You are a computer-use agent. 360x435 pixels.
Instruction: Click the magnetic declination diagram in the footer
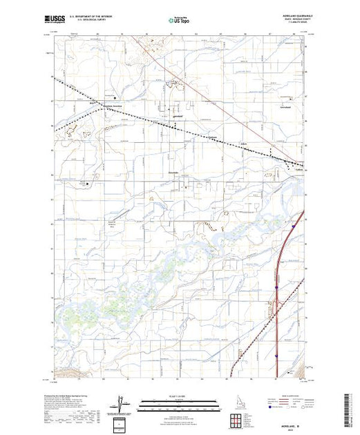[122, 403]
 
